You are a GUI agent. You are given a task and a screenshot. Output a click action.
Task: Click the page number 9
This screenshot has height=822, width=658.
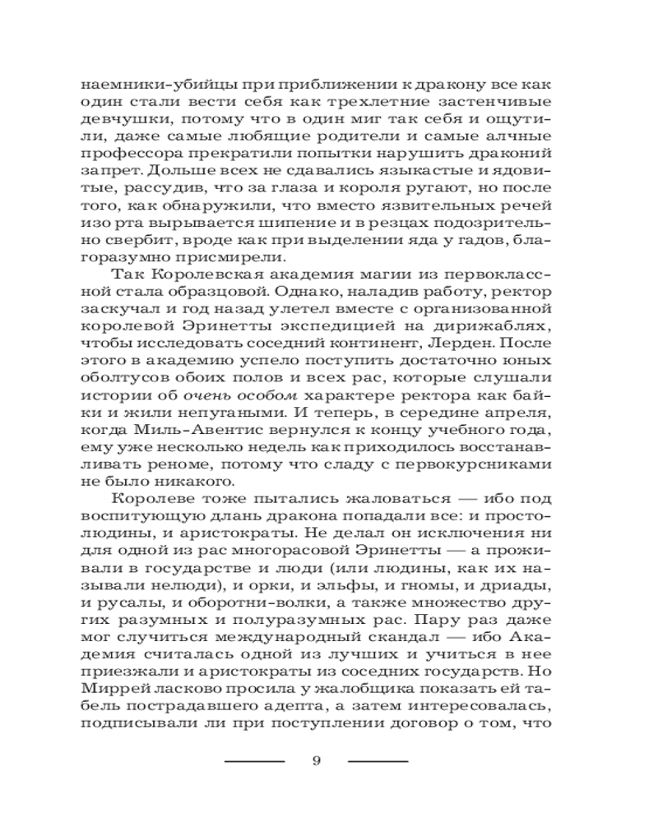(317, 760)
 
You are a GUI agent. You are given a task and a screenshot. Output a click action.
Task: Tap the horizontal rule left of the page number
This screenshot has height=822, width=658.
(255, 761)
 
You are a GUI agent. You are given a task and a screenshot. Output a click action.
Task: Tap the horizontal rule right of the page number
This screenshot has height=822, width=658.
(378, 761)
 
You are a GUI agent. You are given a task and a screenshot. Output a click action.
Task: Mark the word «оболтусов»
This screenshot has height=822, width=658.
(123, 409)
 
